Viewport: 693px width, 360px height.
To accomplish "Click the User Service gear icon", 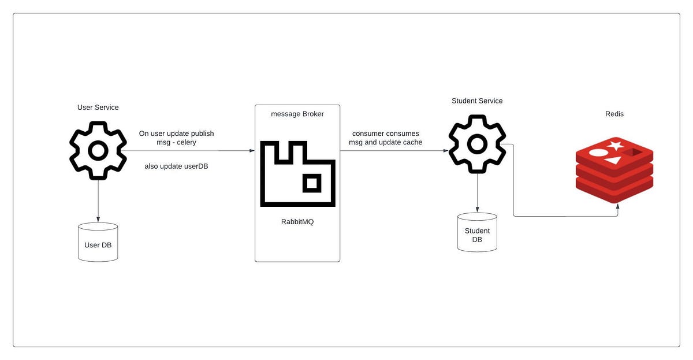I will (98, 150).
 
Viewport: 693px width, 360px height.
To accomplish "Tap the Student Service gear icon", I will (477, 144).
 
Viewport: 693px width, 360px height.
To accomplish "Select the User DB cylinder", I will (98, 242).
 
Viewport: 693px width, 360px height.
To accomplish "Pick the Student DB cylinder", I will (477, 232).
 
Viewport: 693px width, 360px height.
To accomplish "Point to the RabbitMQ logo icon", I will (297, 173).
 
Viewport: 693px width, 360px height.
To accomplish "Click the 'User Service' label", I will (98, 107).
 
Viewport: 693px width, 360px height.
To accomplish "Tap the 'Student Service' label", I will (477, 101).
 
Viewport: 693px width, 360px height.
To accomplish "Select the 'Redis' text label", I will (614, 114).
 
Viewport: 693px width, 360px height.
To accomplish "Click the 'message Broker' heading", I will (297, 114).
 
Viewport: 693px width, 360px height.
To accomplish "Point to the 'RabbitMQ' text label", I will (297, 222).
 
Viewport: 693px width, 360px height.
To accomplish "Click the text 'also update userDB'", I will (176, 166).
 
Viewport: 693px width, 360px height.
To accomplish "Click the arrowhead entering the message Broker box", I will (252, 150).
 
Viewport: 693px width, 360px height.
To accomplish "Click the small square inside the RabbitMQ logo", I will (312, 184).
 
